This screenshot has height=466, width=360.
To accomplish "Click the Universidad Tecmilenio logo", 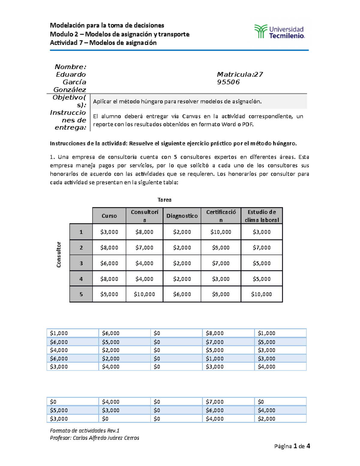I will tap(279, 32).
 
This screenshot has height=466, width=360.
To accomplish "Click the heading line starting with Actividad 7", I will tap(103, 43).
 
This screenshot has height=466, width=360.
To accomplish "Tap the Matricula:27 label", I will tap(240, 74).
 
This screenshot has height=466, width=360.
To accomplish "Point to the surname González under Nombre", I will tap(70, 90).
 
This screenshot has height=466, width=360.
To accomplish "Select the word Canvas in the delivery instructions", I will tap(191, 116).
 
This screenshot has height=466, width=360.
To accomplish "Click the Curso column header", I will tap(109, 216).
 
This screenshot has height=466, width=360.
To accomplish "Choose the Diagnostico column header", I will tap(182, 216).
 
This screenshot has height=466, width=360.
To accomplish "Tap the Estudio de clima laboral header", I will tap(262, 216).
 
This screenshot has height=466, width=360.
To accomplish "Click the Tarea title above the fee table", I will tap(164, 200).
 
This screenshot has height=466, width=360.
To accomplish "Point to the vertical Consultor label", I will tap(59, 254).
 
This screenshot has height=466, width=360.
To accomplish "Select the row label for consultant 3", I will tap(81, 263).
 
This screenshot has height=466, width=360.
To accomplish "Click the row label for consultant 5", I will tap(81, 294).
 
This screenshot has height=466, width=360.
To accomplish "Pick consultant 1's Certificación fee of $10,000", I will tap(221, 232).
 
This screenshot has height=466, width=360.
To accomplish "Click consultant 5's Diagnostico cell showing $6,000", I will tap(182, 294).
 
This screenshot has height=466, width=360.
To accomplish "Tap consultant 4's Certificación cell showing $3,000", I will tap(221, 279).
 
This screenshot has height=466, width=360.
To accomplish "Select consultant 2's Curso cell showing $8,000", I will tap(109, 248).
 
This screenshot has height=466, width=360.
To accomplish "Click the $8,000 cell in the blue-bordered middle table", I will tap(214, 333).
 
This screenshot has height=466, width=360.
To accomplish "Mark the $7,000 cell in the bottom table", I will tap(214, 402).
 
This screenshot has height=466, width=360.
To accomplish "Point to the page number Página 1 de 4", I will tap(292, 446).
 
